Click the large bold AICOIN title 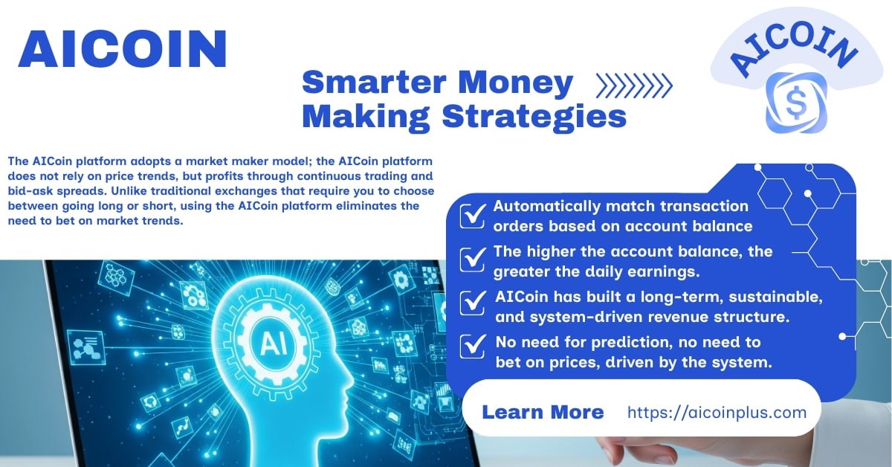pos(123,49)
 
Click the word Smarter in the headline pos(374,82)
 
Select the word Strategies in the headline pos(534,117)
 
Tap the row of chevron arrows pos(634,86)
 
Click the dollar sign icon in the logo pos(796,103)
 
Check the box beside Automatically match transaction pos(473,216)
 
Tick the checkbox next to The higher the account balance pos(473,260)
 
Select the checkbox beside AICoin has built pos(473,303)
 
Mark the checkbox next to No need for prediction pos(473,347)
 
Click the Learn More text pos(543,412)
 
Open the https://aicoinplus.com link pos(717,413)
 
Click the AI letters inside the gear pos(274,344)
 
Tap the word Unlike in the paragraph pos(127,191)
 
